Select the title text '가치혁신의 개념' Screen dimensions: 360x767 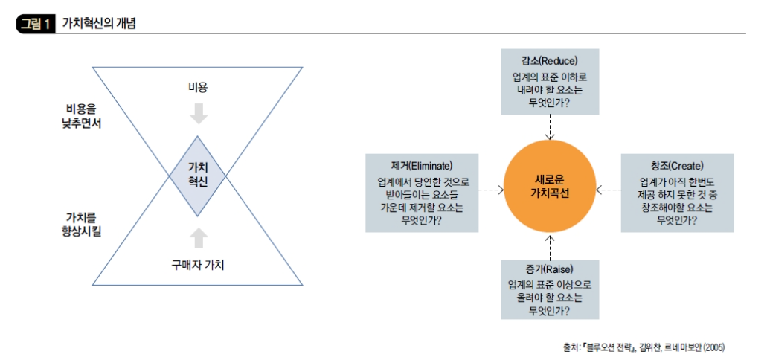94,24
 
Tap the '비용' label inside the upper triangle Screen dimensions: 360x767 197,87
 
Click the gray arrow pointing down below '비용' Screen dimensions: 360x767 198,113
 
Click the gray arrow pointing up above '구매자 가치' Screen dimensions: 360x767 198,237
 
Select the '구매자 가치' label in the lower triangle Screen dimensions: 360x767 197,263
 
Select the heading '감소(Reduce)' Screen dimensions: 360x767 550,61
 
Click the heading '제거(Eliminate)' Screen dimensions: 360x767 421,165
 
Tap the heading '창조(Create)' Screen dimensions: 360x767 677,165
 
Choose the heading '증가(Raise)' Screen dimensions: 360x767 550,269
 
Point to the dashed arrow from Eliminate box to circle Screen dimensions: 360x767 490,190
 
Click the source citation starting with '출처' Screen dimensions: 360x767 644,347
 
